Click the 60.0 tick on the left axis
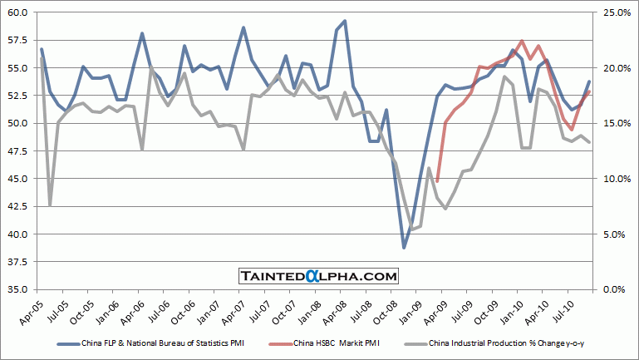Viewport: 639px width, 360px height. click(17, 12)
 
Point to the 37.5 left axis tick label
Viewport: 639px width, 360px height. click(17, 262)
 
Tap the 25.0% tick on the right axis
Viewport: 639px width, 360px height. click(616, 12)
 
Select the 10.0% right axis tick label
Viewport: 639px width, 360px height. click(616, 179)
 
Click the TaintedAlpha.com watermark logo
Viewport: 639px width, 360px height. click(319, 275)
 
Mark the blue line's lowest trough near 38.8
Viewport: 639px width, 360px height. click(405, 247)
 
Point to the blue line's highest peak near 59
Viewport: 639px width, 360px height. click(345, 21)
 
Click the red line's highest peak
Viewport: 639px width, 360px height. click(521, 41)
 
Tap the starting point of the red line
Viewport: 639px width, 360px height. click(437, 181)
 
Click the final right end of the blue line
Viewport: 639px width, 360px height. click(589, 81)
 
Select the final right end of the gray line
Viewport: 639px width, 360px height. click(589, 142)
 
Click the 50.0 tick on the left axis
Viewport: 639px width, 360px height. click(17, 123)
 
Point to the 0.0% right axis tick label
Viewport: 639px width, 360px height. click(616, 289)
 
